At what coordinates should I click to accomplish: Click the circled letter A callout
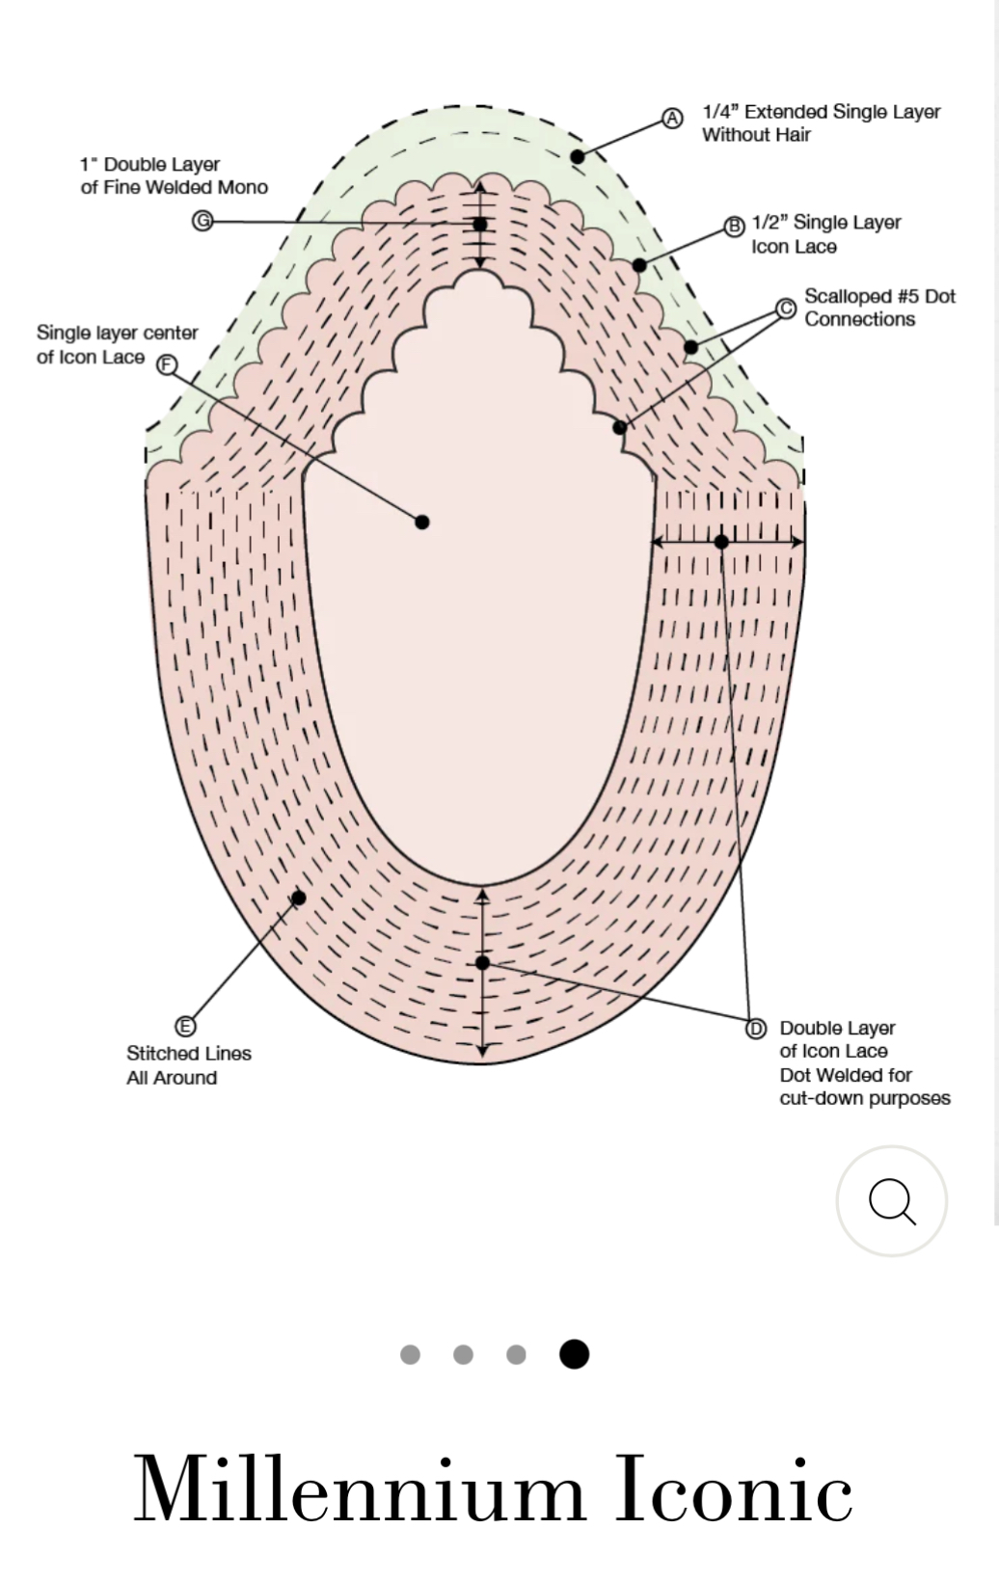[x=672, y=118]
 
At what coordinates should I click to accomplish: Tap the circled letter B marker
[x=735, y=227]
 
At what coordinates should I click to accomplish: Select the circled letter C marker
[x=786, y=309]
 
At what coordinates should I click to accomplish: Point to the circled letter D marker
[x=756, y=1029]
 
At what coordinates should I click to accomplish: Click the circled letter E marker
[x=185, y=1026]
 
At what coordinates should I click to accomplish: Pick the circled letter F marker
[x=167, y=364]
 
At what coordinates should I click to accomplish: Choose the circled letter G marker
[x=202, y=221]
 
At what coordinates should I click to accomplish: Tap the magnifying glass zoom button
[x=892, y=1200]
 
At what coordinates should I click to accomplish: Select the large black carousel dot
[x=574, y=1354]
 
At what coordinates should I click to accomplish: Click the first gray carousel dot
[x=410, y=1354]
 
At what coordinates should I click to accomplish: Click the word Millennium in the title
[x=359, y=1489]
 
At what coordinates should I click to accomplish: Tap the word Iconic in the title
[x=733, y=1489]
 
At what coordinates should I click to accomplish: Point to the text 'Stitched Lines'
[x=189, y=1053]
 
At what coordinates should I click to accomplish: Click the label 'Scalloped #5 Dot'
[x=879, y=296]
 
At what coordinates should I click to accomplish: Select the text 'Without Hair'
[x=756, y=134]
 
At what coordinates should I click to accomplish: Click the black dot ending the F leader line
[x=422, y=523]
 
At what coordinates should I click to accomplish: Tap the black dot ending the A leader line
[x=578, y=157]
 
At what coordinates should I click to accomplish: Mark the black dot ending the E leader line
[x=298, y=899]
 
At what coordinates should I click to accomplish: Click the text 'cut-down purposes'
[x=865, y=1098]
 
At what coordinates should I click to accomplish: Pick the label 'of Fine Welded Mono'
[x=174, y=187]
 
